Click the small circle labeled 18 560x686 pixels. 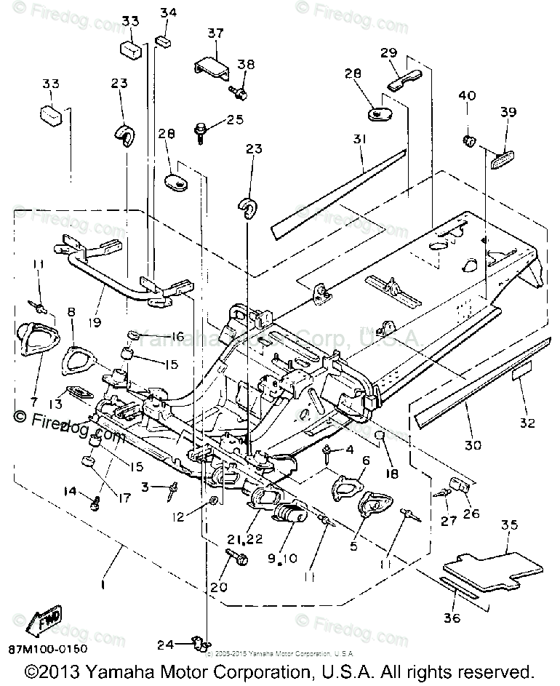click(378, 437)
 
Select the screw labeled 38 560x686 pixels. click(240, 92)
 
